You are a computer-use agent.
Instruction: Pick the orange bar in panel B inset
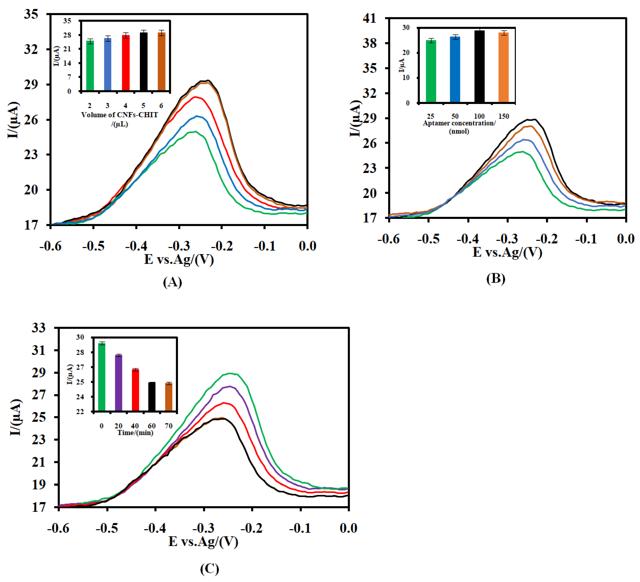[x=503, y=67]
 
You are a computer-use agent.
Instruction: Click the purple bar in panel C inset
[x=118, y=383]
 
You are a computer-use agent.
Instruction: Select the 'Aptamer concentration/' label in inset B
[x=459, y=123]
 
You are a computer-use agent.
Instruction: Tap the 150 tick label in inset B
[x=504, y=116]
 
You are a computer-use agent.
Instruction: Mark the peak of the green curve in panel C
[x=230, y=373]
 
